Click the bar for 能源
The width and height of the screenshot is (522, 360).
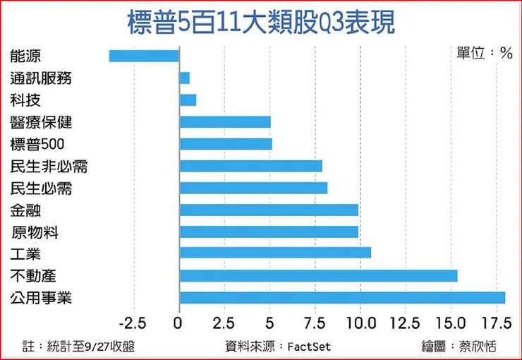pos(144,56)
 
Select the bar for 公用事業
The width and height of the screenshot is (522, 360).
pos(342,298)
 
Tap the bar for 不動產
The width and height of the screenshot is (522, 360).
pos(318,275)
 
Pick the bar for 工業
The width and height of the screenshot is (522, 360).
pos(275,253)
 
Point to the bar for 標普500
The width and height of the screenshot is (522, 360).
pos(226,144)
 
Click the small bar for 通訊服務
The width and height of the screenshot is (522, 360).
pos(185,78)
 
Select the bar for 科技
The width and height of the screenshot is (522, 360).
pos(188,100)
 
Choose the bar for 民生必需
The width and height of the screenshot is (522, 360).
pos(253,188)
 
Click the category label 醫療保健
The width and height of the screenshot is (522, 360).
pos(42,122)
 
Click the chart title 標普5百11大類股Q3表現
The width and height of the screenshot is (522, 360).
pos(260,22)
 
